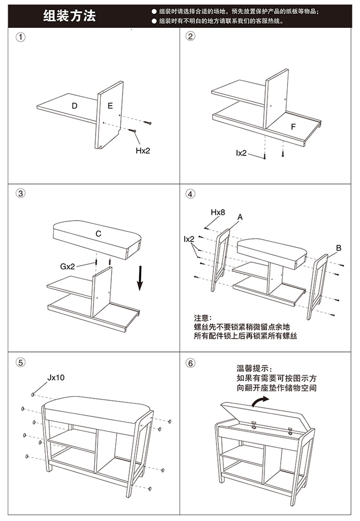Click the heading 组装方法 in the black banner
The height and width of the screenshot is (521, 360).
70,16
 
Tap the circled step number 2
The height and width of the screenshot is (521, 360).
191,37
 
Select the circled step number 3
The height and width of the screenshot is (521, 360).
21,194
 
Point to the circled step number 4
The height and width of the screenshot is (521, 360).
191,194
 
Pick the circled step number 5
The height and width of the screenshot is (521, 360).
21,363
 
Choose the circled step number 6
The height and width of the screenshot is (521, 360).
191,363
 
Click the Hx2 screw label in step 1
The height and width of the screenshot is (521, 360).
143,150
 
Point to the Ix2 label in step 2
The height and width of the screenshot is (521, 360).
241,153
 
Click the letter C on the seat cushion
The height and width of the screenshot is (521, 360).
98,234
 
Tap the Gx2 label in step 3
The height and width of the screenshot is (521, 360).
68,267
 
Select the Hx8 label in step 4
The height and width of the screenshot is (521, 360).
218,212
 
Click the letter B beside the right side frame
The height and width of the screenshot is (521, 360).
338,248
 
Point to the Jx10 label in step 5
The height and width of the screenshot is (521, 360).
56,377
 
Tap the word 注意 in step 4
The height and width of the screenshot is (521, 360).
202,318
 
